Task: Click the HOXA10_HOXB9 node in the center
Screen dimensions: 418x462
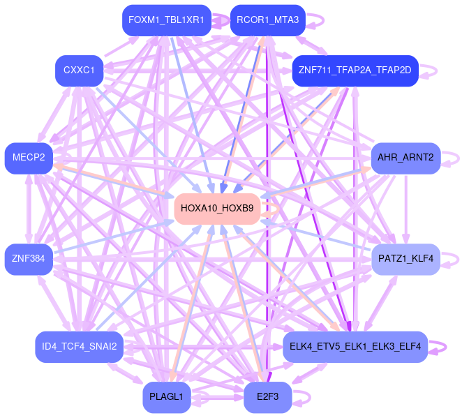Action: click(217, 208)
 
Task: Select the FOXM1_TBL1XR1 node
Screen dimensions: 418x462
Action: click(165, 20)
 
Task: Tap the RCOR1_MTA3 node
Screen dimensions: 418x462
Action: click(267, 20)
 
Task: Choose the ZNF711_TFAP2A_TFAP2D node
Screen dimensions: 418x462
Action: click(355, 70)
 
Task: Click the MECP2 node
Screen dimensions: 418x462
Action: click(29, 158)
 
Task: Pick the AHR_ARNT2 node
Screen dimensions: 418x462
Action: click(405, 158)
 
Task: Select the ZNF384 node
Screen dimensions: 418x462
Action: click(29, 259)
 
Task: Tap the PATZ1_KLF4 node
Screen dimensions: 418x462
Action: click(405, 259)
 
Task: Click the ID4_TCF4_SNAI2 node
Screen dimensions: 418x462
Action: click(79, 347)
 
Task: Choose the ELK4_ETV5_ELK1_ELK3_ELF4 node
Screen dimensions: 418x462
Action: click(355, 347)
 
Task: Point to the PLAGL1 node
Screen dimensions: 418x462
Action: click(166, 397)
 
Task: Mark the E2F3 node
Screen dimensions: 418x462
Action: click(267, 397)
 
